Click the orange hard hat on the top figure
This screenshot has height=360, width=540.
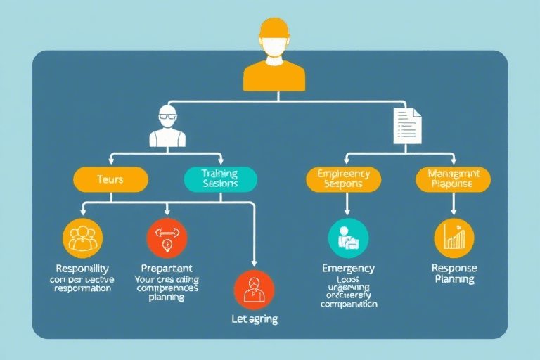click(x=274, y=28)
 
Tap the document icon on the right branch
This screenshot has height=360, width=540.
click(x=407, y=125)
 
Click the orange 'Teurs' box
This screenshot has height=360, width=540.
click(x=111, y=180)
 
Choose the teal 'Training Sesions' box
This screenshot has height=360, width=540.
click(x=219, y=179)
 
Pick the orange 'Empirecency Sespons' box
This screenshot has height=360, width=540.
click(x=344, y=179)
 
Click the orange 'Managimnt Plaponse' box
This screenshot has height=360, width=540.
click(x=453, y=179)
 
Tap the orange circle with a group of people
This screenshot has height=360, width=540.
click(x=83, y=238)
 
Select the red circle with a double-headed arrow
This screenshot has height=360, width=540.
click(x=167, y=238)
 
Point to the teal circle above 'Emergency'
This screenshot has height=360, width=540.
click(x=348, y=238)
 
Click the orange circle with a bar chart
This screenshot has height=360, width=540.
click(x=454, y=238)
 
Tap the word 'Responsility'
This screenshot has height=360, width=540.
click(x=82, y=269)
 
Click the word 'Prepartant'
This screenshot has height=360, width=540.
click(x=167, y=269)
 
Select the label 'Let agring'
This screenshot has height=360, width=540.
click(x=254, y=319)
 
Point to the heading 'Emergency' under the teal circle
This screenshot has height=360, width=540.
click(x=348, y=269)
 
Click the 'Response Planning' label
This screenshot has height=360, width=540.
click(x=454, y=274)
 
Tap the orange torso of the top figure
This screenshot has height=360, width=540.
click(x=274, y=75)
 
